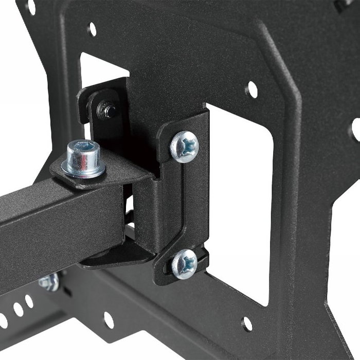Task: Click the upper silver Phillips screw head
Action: pyautogui.click(x=184, y=146)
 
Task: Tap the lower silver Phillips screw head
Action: pyautogui.click(x=184, y=263)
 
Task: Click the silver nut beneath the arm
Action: pyautogui.click(x=48, y=282)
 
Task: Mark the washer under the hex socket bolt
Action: pyautogui.click(x=84, y=168)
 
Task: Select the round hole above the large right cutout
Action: pyautogui.click(x=251, y=89)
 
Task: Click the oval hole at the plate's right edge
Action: pyautogui.click(x=355, y=129)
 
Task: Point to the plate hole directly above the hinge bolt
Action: pyautogui.click(x=92, y=29)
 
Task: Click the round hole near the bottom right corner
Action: pyautogui.click(x=247, y=323)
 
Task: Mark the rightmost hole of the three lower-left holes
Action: pyautogui.click(x=29, y=301)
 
